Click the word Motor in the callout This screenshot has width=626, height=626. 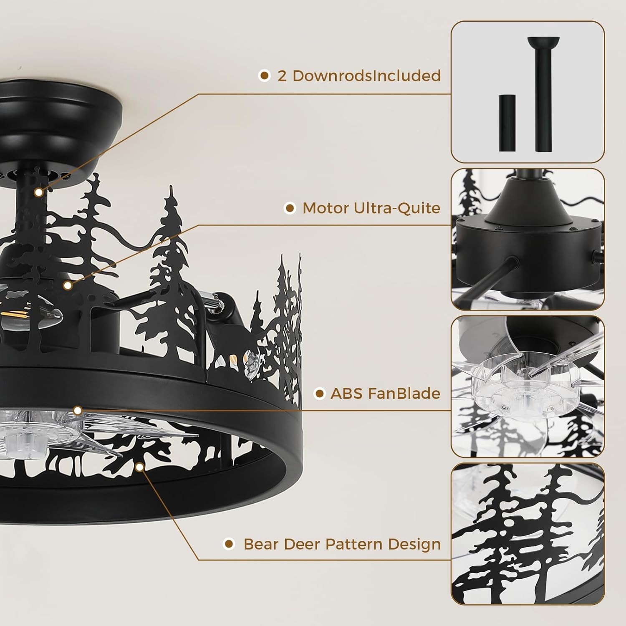326,208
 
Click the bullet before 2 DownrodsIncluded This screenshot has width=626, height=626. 264,76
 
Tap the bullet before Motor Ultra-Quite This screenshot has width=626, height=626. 290,208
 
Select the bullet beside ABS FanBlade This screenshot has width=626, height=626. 319,393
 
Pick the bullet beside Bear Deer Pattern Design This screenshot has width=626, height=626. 228,544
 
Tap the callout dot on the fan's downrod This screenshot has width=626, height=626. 39,192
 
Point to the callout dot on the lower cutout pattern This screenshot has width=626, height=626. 140,466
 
